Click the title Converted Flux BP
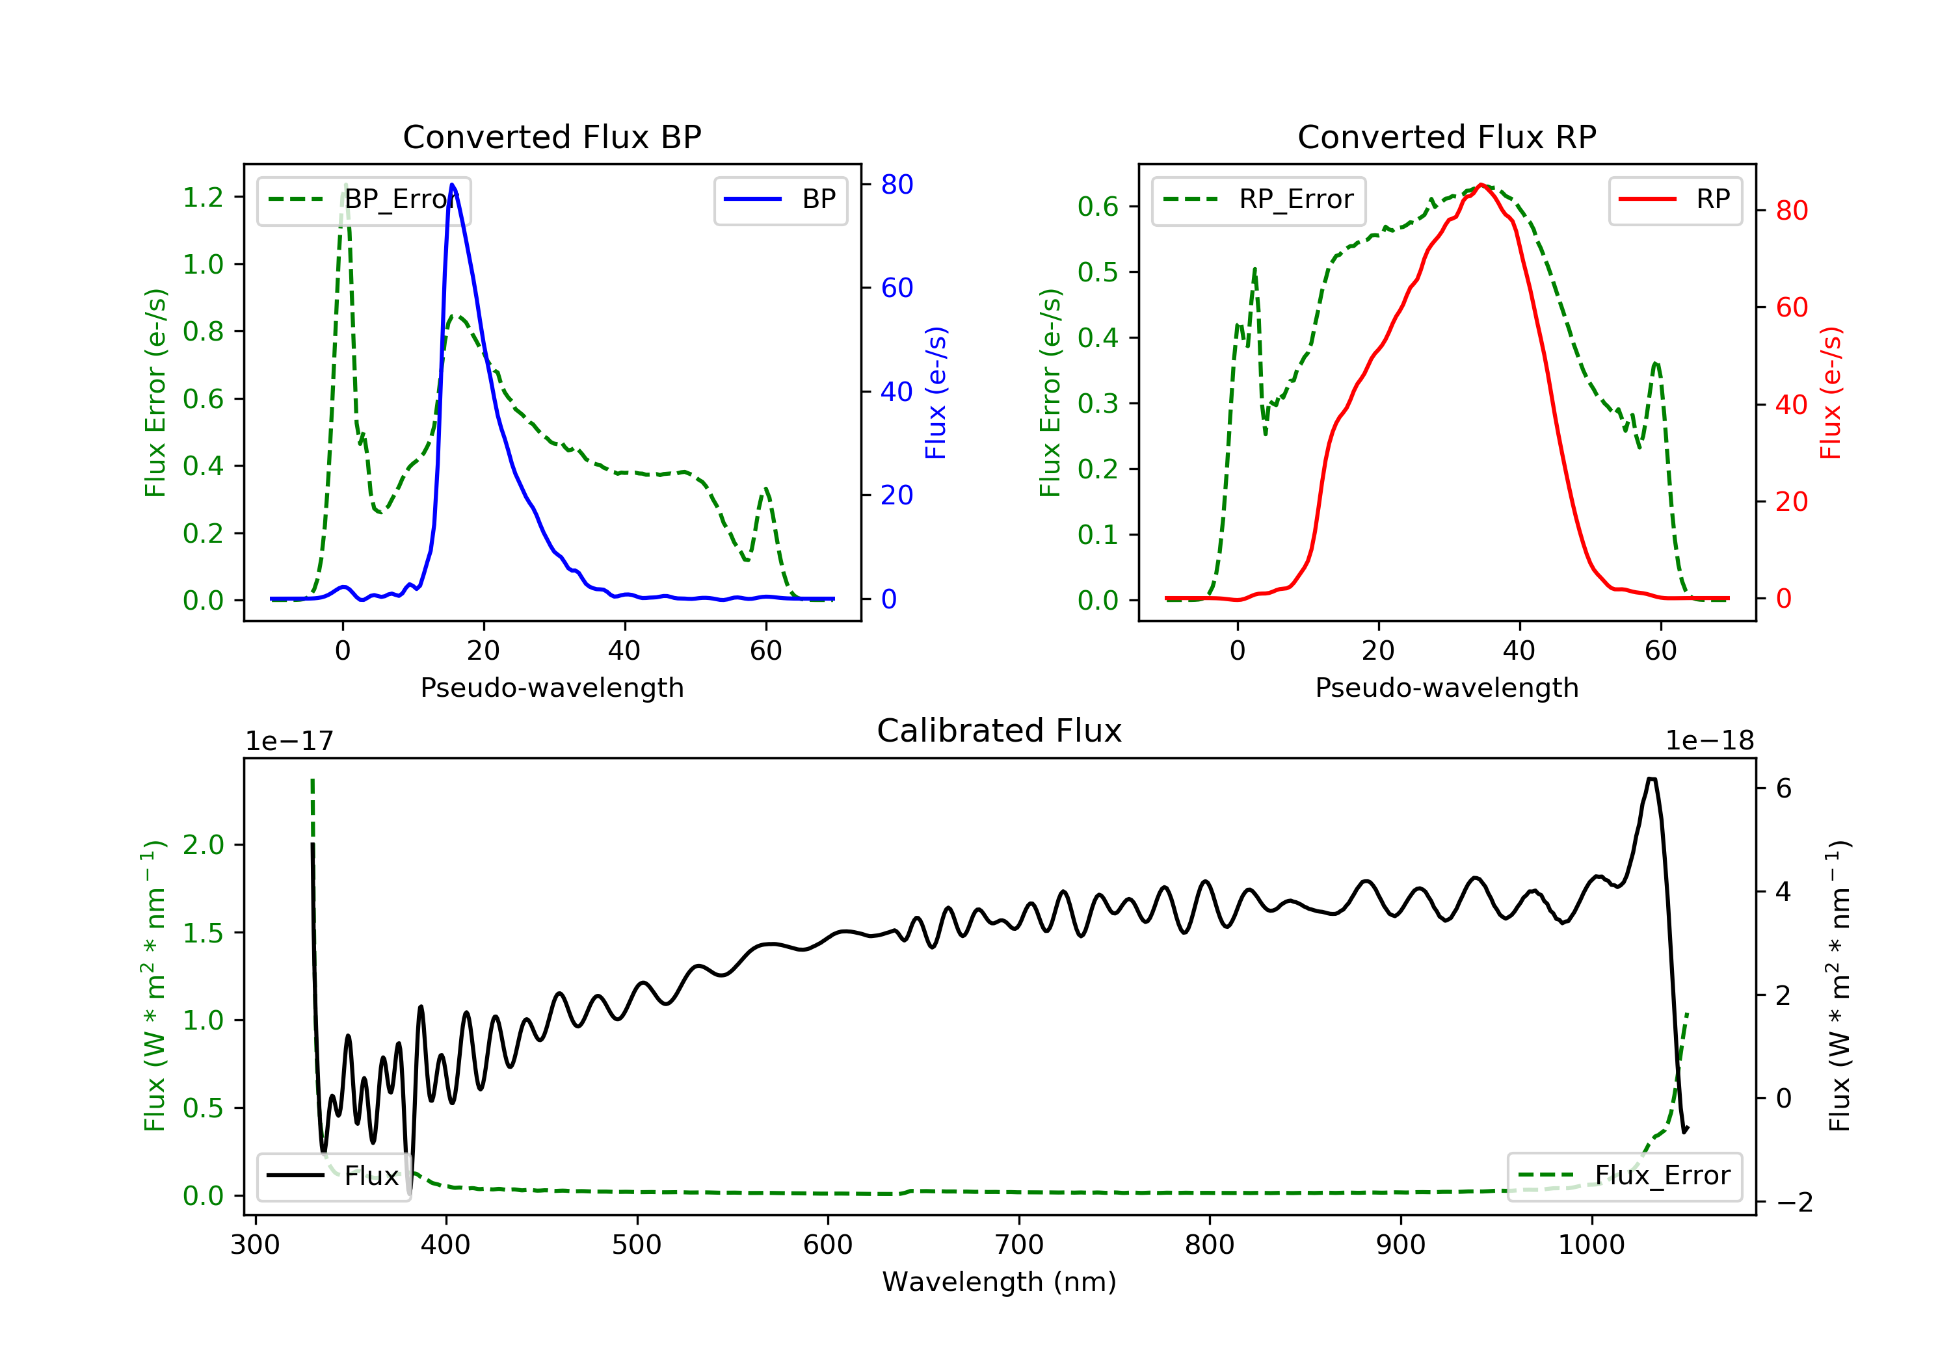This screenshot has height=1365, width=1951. pos(551,136)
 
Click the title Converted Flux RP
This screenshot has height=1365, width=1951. pos(1446,136)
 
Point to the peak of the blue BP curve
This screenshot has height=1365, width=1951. pos(452,185)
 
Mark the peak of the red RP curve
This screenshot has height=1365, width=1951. pos(1481,185)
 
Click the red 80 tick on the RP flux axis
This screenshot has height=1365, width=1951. pos(1791,211)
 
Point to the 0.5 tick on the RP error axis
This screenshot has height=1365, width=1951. pos(1098,272)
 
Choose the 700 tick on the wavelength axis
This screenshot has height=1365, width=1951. pos(1019,1245)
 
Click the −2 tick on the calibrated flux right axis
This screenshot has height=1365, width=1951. pos(1793,1202)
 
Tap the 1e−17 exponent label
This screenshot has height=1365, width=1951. pos(289,742)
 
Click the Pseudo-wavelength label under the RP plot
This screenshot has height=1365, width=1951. pos(1446,687)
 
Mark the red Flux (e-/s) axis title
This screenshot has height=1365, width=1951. pos(1831,393)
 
